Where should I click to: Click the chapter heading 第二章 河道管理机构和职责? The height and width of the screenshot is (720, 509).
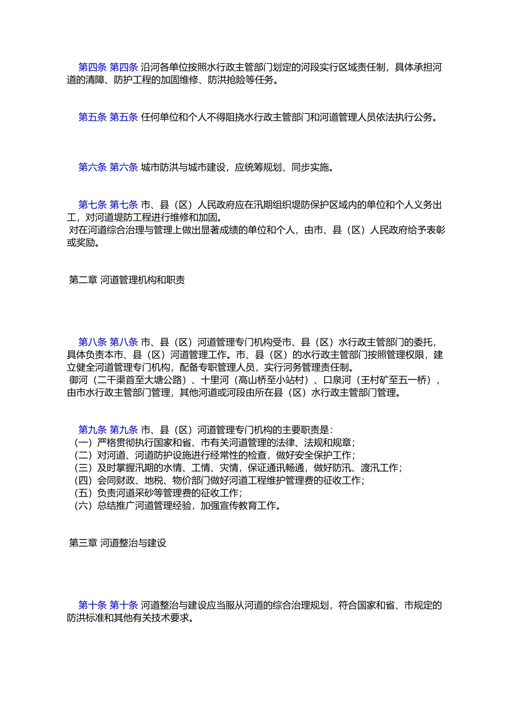[x=127, y=280]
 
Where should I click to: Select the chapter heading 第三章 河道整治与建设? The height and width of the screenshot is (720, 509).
[x=118, y=543]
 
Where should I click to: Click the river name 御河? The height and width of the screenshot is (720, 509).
[x=78, y=380]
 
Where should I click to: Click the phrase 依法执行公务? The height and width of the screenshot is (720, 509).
[x=404, y=117]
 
